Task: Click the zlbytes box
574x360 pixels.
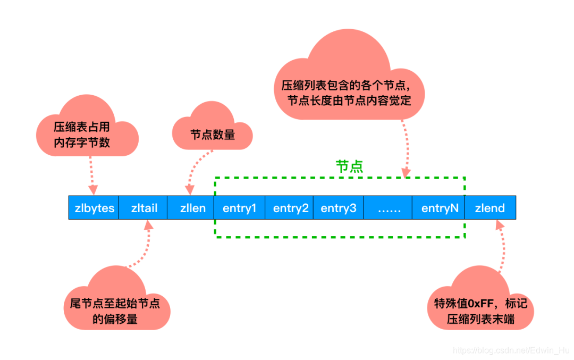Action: coord(94,208)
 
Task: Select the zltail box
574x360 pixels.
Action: coord(143,208)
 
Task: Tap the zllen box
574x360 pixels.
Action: coord(191,208)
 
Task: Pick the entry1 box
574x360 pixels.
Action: coord(240,208)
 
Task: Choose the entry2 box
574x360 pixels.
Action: coord(290,208)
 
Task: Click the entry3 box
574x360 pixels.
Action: coord(339,208)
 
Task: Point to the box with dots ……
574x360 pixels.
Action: coord(389,208)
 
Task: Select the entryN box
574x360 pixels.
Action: coord(439,208)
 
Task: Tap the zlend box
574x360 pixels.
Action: coord(490,208)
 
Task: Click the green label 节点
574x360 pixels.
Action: coord(350,166)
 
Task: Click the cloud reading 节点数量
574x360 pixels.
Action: coord(213,133)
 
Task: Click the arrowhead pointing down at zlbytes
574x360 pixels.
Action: coord(93,189)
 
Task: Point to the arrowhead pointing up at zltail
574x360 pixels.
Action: coord(148,225)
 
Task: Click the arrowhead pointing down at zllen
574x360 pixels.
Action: coord(189,190)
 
